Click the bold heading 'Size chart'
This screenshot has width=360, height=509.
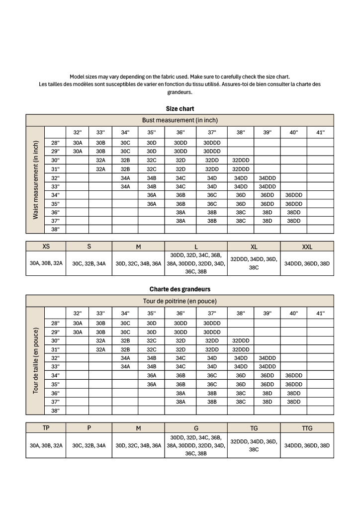point(180,108)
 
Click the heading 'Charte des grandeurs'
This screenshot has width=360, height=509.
point(180,289)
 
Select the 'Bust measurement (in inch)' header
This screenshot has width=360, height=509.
point(180,120)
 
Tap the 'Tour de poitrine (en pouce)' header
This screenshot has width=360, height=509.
point(180,301)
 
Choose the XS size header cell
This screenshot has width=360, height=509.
point(46,247)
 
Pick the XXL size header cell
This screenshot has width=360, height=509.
point(307,247)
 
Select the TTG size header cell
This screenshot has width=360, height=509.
point(307,427)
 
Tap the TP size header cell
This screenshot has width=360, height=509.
point(46,427)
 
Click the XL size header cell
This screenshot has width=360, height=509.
point(254,247)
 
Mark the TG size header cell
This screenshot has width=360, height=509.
point(254,427)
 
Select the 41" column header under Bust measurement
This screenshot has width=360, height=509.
point(320,132)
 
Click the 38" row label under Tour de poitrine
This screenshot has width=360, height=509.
point(55,410)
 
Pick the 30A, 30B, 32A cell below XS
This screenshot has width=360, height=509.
point(46,264)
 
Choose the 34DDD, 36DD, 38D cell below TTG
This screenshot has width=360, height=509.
point(307,445)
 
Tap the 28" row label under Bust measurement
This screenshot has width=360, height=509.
point(55,143)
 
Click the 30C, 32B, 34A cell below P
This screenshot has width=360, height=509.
point(89,445)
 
